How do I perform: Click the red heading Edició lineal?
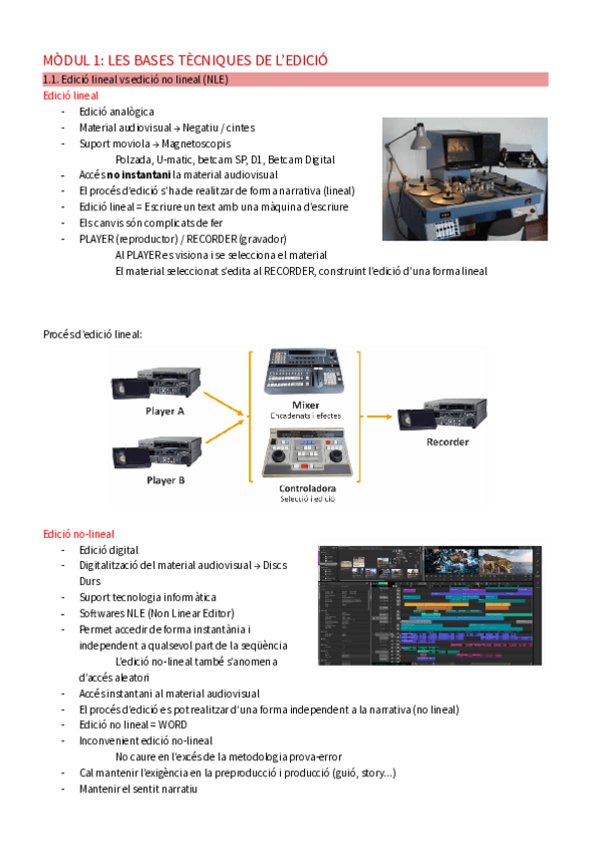click(x=71, y=96)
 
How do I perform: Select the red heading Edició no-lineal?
click(x=78, y=533)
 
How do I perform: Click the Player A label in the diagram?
click(x=165, y=411)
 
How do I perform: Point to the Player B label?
click(x=165, y=480)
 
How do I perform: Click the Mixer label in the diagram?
click(x=305, y=404)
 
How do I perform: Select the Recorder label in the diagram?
click(x=448, y=441)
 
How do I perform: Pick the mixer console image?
click(x=305, y=374)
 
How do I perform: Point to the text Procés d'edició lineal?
click(x=93, y=333)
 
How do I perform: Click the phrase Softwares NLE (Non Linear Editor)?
click(x=156, y=613)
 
